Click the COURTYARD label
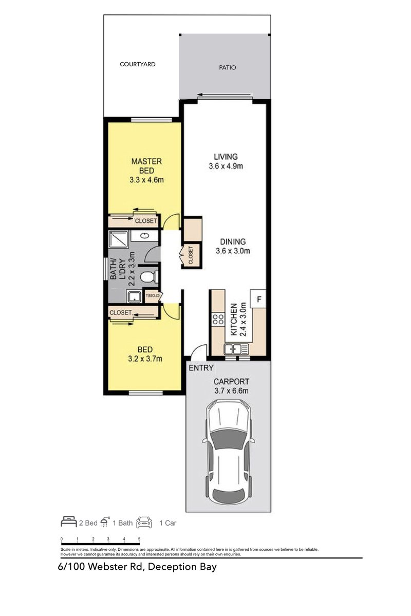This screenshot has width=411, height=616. (x=137, y=65)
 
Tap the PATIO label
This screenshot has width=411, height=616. (x=228, y=67)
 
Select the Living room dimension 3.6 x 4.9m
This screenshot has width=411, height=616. (x=226, y=166)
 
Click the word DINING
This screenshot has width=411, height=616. (x=233, y=241)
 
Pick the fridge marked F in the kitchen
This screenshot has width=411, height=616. (x=258, y=299)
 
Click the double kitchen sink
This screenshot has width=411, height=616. (x=236, y=349)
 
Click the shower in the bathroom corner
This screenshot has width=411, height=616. (x=118, y=239)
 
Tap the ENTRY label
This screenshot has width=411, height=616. (x=201, y=368)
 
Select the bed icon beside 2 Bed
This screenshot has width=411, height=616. (x=68, y=523)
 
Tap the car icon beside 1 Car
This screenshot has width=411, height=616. (x=144, y=523)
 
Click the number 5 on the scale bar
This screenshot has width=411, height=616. (x=140, y=539)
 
